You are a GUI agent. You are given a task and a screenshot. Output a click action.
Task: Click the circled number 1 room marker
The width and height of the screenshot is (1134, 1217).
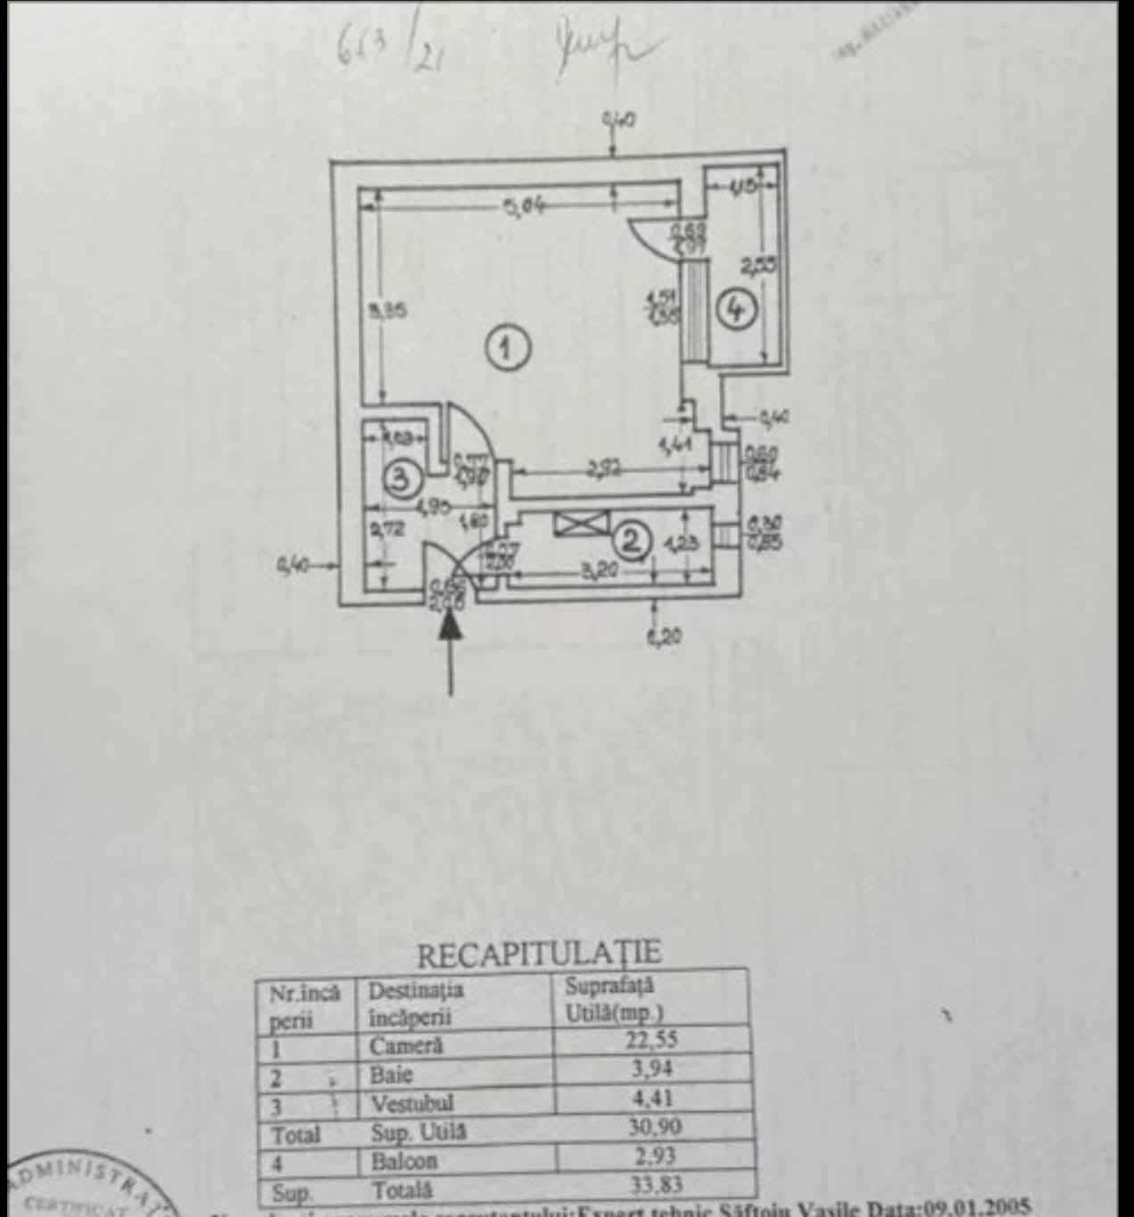[508, 348]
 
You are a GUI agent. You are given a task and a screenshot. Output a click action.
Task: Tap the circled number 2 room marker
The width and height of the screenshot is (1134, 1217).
[632, 541]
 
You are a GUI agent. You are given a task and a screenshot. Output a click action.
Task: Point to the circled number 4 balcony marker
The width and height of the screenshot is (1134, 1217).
[736, 310]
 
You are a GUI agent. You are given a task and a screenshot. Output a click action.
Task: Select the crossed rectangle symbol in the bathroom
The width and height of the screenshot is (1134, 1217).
[580, 524]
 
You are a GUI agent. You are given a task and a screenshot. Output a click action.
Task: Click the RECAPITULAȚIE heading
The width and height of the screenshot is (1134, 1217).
[539, 954]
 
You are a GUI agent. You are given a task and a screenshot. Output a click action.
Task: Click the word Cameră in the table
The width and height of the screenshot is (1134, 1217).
[406, 1045]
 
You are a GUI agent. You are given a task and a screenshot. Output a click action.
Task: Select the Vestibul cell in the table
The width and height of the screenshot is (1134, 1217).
[411, 1104]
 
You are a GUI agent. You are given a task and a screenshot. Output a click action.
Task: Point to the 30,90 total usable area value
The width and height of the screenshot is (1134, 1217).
[654, 1127]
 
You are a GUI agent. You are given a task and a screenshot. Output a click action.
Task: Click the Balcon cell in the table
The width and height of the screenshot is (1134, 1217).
[404, 1161]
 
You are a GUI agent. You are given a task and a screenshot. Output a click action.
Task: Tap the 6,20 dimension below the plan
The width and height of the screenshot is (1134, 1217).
[663, 636]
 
